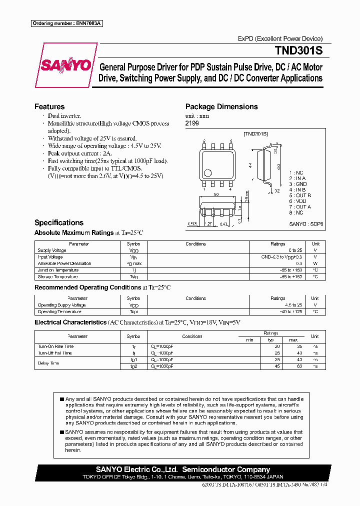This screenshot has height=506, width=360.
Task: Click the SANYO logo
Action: pos(66,65)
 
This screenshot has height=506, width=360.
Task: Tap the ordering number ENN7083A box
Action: pos(66,23)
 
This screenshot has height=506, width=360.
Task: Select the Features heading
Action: pos(49,106)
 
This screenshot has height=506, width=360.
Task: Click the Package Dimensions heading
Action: pos(221,106)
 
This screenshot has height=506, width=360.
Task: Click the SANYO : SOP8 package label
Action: pos(306,224)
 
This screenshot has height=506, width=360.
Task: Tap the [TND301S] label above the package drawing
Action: pos(255,134)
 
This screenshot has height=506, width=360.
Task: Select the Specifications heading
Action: pos(59,222)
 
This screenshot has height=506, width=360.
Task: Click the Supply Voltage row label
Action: pos(52,250)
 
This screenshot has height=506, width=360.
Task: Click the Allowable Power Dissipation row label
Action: pos(64,263)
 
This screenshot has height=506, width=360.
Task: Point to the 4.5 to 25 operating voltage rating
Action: pos(293,305)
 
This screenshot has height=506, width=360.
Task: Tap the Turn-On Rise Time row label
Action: pos(55,346)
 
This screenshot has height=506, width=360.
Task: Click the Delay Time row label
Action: pos(48,363)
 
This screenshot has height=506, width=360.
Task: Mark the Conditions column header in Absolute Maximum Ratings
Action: pos(195,244)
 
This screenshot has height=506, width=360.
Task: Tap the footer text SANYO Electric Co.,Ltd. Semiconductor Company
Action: pos(183,469)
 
